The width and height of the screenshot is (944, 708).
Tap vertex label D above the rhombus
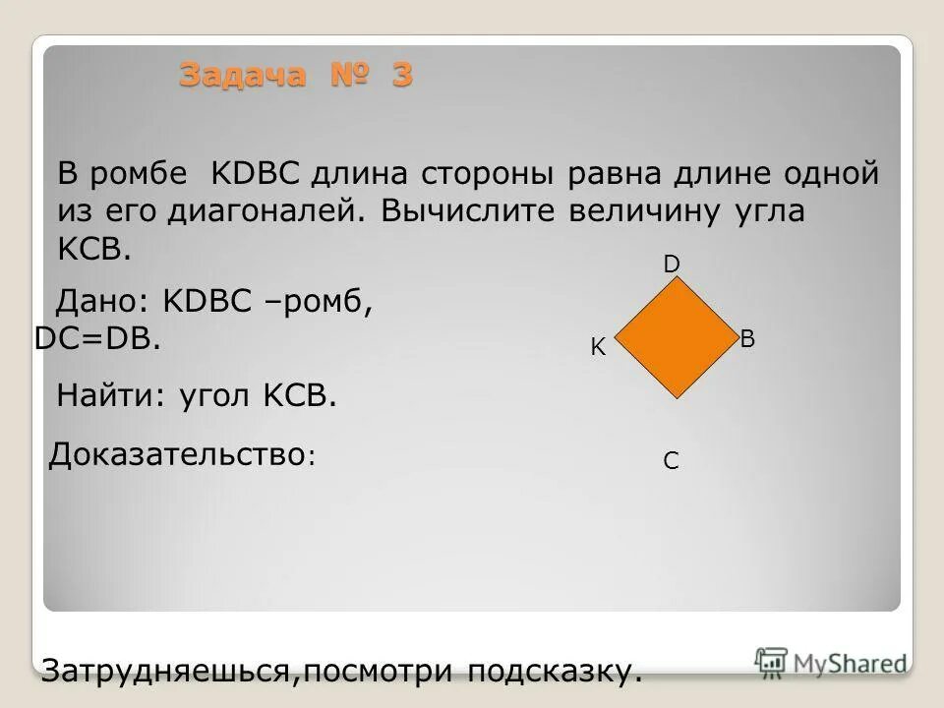point(672,265)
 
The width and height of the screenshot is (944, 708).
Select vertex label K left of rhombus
point(597,347)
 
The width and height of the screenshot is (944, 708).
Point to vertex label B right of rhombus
point(747,339)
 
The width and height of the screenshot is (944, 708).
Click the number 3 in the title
point(402,75)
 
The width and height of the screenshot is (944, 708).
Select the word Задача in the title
point(242,75)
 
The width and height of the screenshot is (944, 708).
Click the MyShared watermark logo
point(830,662)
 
